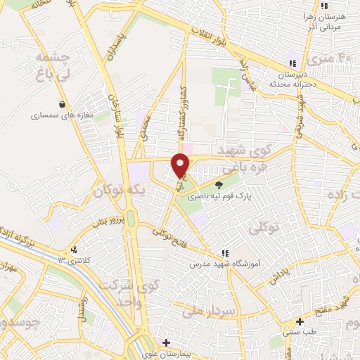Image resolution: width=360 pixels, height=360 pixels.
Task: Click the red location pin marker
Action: click(x=181, y=165)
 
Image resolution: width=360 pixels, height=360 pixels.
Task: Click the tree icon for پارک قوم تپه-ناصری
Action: click(x=219, y=185)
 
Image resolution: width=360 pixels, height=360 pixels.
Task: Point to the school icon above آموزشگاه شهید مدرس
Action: click(x=224, y=253)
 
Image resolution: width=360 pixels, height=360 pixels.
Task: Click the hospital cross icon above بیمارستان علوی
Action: click(x=166, y=342)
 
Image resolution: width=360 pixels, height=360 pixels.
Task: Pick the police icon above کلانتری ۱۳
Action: click(x=74, y=250)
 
